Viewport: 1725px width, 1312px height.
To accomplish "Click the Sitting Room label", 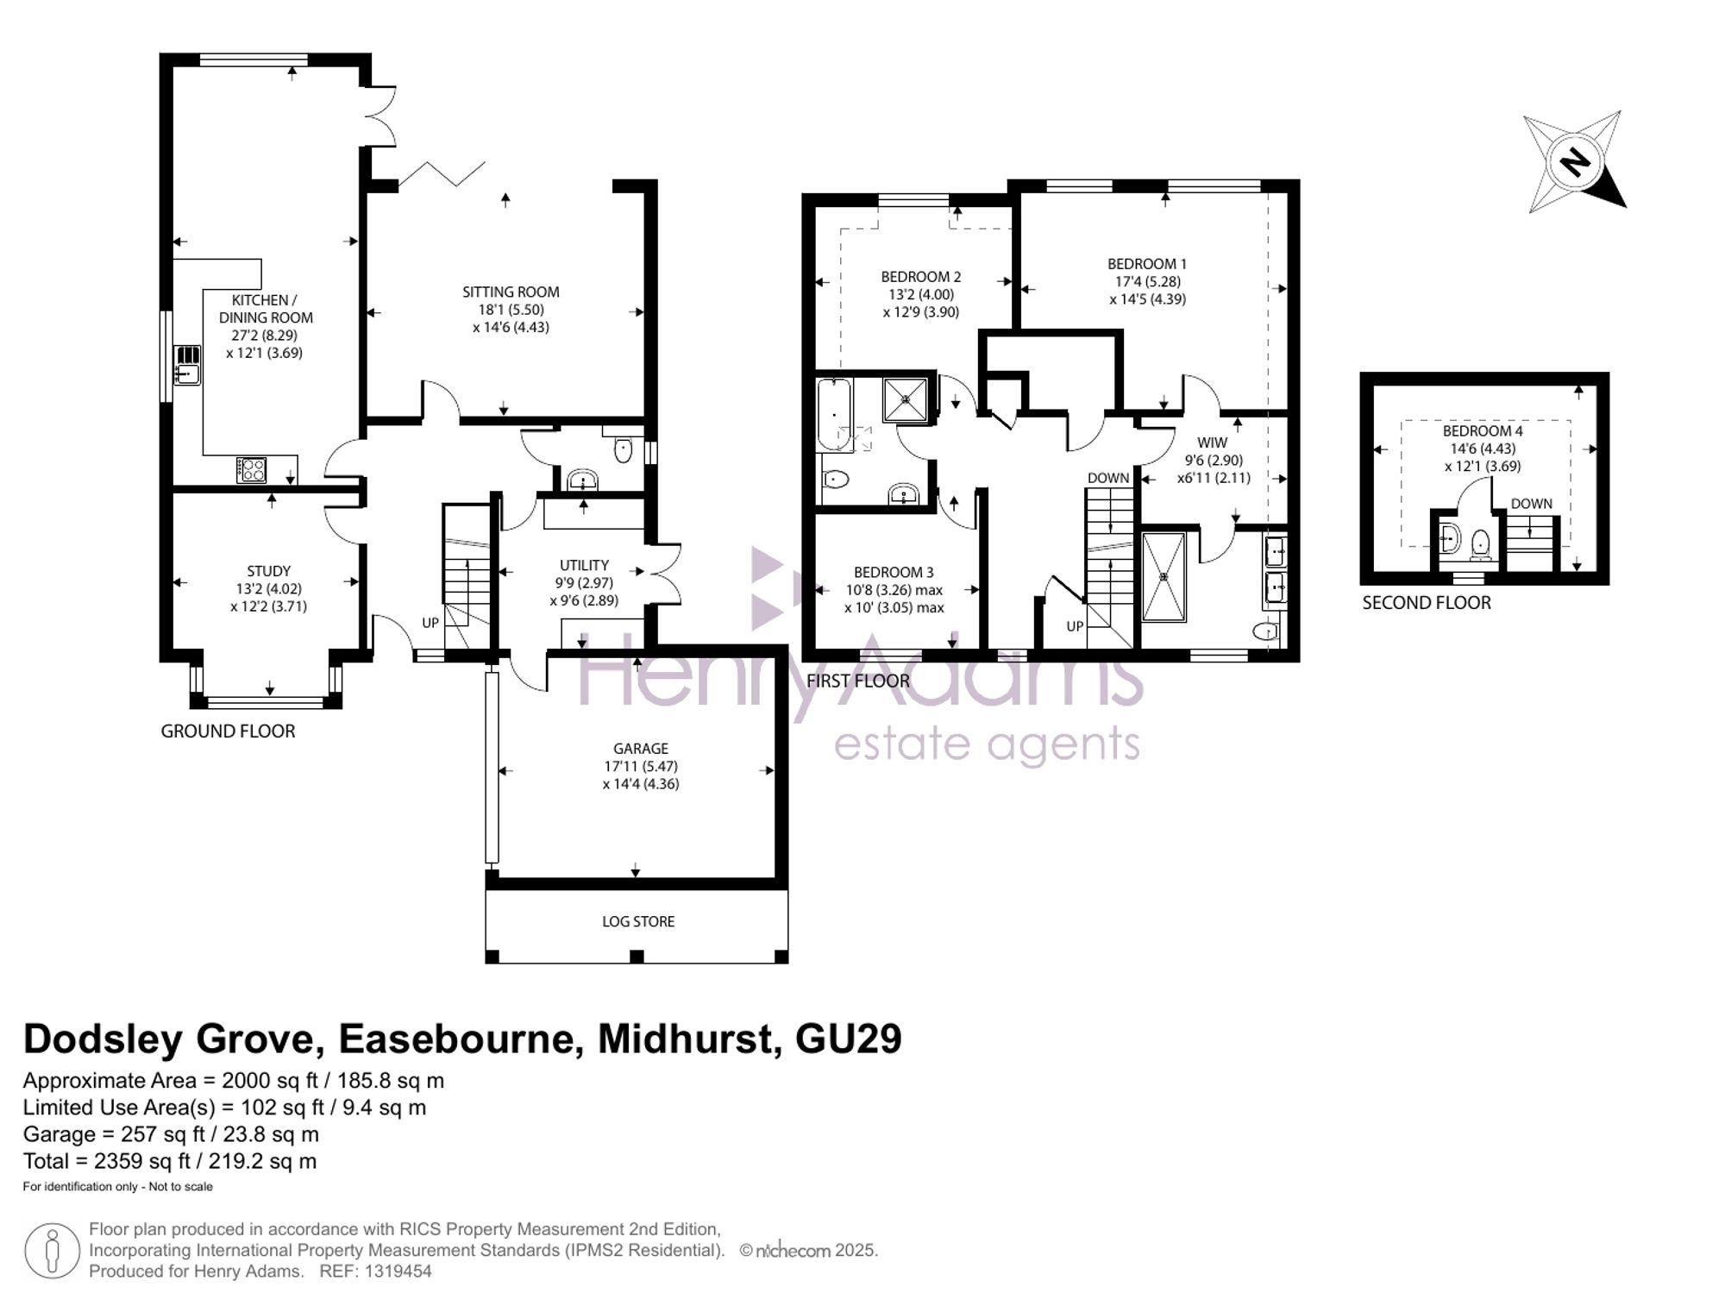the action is click(x=511, y=292).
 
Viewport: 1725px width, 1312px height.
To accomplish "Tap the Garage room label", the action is click(x=641, y=749).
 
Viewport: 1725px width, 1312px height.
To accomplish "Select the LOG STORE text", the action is click(x=638, y=921).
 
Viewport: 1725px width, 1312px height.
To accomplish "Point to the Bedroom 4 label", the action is click(x=1483, y=430).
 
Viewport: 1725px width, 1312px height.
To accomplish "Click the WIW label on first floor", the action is click(x=1212, y=443).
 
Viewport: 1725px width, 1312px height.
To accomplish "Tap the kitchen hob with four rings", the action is click(x=251, y=470).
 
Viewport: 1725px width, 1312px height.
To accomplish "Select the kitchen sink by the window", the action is click(x=186, y=364).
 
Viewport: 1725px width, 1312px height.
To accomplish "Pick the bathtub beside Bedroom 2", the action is click(x=834, y=415).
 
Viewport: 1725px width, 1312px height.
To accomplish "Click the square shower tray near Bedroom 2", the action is click(x=905, y=399).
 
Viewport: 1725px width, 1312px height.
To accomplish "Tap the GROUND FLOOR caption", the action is click(x=228, y=731).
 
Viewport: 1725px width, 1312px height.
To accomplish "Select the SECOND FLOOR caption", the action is click(x=1427, y=603).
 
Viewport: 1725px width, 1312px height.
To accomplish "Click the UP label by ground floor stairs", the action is click(x=430, y=623).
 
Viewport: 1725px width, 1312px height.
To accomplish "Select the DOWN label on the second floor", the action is click(x=1531, y=504).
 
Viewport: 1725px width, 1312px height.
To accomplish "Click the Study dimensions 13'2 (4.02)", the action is click(x=268, y=589).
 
